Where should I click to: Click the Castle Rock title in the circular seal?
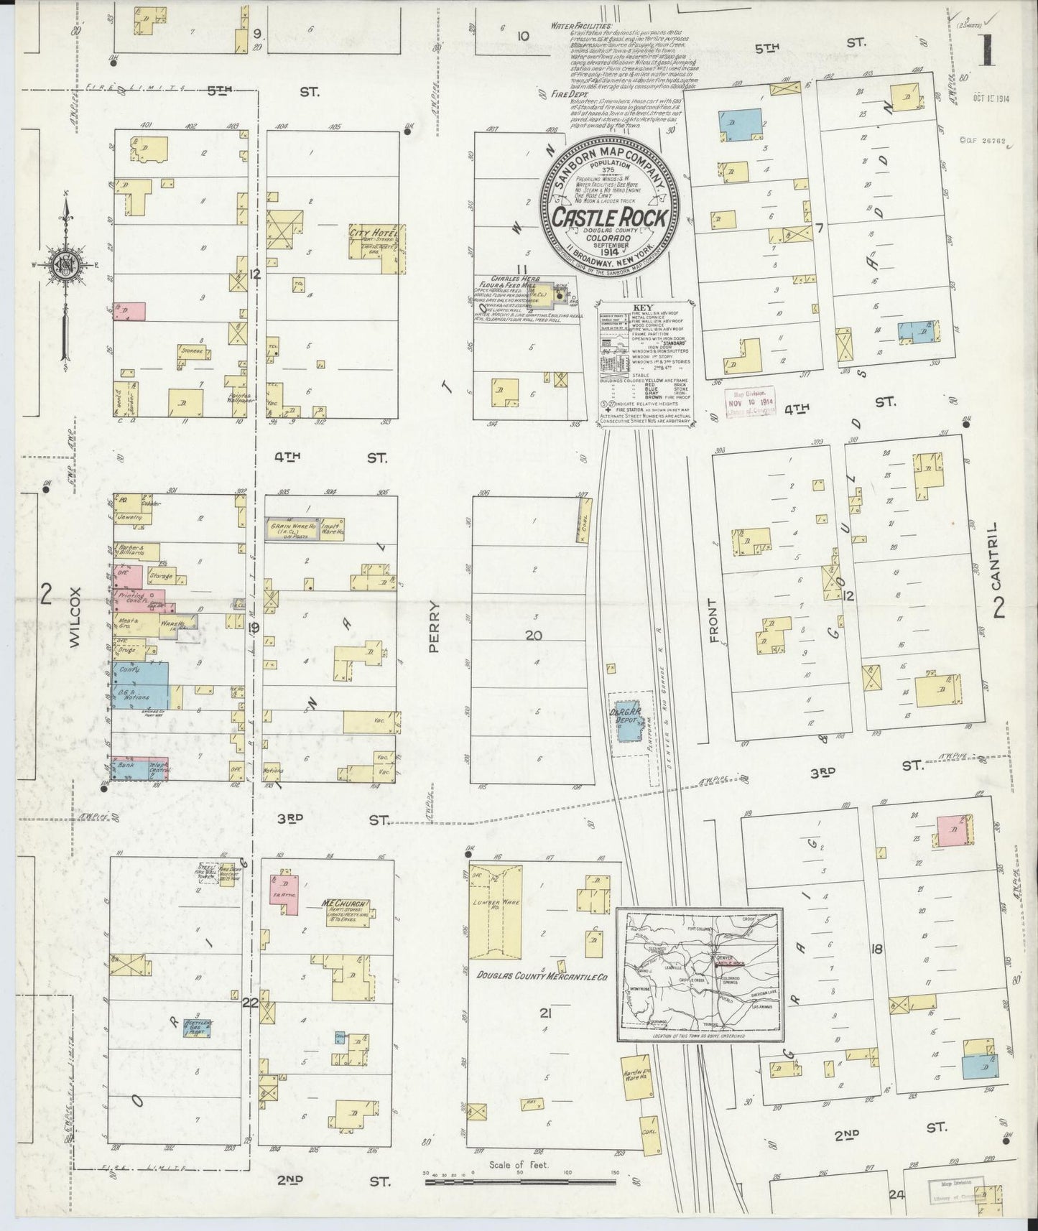(610, 216)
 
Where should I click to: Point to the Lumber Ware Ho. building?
(495, 912)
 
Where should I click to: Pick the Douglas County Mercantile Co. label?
(542, 977)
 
